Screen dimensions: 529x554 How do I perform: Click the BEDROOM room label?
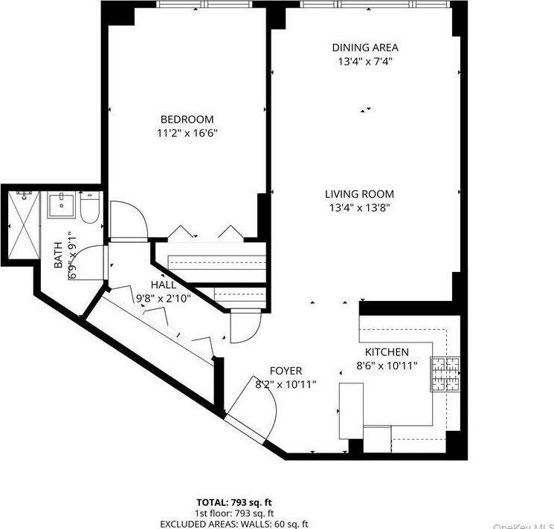pos(187,119)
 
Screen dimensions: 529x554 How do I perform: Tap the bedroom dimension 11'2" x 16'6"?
pos(187,133)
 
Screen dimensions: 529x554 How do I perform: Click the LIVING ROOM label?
pos(359,194)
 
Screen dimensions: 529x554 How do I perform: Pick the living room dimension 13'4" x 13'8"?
pos(359,208)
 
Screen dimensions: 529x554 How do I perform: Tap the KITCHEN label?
pos(386,351)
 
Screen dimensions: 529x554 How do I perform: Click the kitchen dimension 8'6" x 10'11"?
pos(386,366)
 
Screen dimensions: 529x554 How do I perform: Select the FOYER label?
pos(286,371)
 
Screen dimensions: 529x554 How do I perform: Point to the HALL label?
pos(164,285)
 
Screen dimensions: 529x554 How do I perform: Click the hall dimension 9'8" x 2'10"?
pos(164,299)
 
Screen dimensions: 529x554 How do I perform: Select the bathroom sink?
pos(62,205)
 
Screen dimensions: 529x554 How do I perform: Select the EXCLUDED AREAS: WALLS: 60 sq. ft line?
pos(235,523)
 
